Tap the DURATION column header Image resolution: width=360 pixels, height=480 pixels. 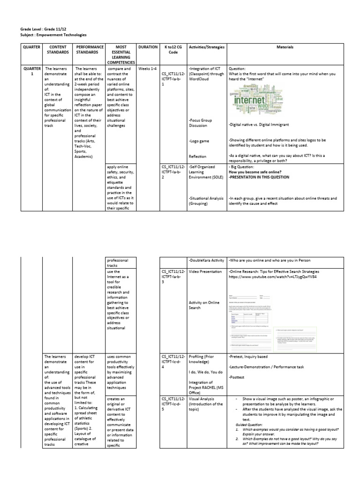[x=148, y=47]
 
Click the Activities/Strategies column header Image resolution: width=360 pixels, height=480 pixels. [x=207, y=47]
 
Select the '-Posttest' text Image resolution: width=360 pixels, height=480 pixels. [x=239, y=377]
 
